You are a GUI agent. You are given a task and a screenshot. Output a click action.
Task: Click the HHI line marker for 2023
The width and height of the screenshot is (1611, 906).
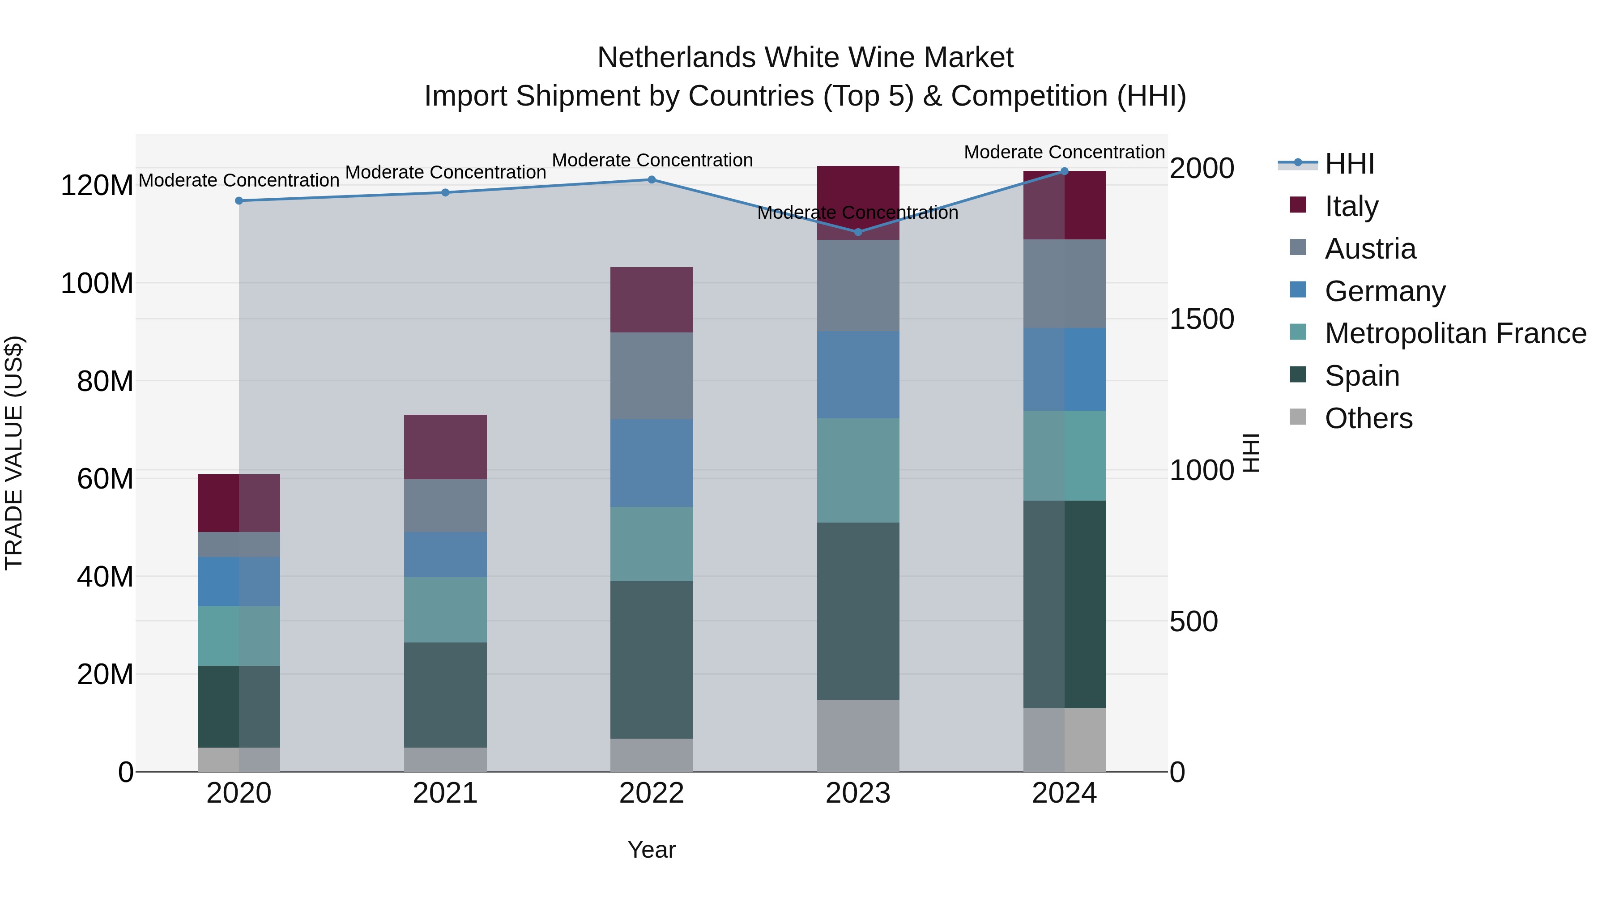coord(858,232)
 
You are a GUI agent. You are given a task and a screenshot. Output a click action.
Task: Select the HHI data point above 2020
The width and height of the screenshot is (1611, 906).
coord(239,201)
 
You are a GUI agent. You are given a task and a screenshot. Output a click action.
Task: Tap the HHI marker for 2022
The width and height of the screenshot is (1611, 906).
coord(652,179)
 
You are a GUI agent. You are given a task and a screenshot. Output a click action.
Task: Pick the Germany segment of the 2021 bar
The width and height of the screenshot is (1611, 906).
coord(445,555)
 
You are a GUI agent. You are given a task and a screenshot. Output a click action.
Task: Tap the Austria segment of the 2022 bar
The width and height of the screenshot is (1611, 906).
coord(652,375)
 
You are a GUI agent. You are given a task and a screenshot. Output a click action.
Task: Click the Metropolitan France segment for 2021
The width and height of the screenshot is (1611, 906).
coord(445,610)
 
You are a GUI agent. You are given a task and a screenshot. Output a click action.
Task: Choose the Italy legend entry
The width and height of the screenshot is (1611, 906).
coord(1351,206)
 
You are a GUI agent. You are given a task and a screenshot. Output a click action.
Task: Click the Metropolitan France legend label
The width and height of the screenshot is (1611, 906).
coord(1455,333)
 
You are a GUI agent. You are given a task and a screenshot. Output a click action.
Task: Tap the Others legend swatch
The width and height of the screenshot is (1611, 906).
coord(1298,417)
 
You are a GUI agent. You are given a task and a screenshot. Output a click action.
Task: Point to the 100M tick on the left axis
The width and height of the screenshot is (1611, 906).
coord(97,283)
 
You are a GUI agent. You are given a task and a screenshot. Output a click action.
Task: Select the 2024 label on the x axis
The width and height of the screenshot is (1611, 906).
coord(1065,793)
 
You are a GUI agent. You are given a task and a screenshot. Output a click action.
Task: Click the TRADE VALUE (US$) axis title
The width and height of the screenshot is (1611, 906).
coord(14,453)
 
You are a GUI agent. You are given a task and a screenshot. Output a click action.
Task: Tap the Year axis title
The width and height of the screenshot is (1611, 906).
coord(652,850)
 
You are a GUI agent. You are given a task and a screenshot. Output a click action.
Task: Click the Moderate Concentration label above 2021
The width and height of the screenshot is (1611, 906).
coord(445,172)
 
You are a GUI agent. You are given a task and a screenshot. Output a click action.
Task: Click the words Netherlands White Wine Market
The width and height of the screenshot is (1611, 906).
coord(805,58)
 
